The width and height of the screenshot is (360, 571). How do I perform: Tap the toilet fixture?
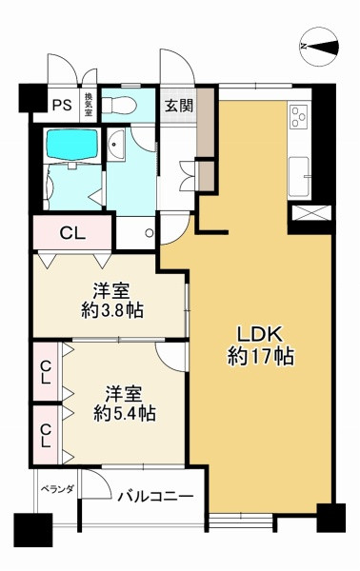pos(119,106)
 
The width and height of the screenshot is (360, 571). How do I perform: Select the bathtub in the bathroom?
pos(72,144)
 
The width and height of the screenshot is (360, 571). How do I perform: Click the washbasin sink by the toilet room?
pos(116,145)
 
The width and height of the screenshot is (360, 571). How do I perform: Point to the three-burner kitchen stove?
pos(299,116)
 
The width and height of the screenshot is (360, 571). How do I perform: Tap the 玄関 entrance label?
pos(179,106)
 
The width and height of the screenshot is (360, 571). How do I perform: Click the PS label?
pos(62,106)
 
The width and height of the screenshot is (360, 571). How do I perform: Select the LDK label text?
pos(260,334)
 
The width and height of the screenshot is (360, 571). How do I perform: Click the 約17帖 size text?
pos(261,357)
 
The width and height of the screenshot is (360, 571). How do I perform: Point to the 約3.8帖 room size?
pos(111,310)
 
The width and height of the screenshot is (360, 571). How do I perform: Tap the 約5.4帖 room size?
pos(124,413)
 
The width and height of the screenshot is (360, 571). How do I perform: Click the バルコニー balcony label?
pos(155,496)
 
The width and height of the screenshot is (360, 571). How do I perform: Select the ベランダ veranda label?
pos(57,489)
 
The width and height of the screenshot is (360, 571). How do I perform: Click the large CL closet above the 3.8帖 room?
pos(72,233)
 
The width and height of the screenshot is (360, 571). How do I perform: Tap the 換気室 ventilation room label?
pos(89,105)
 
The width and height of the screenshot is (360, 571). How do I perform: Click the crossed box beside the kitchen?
pos(311,213)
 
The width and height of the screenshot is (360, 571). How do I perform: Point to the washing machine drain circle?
pos(149,233)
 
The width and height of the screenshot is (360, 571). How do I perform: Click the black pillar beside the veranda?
pos(33,530)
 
